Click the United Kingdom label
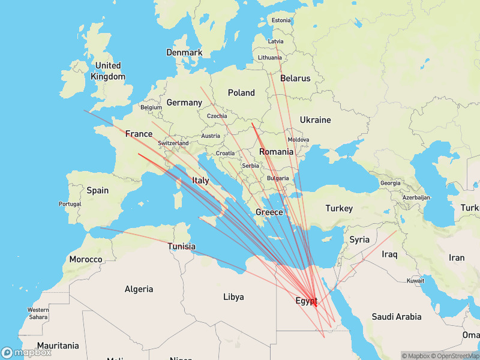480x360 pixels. [x=108, y=71]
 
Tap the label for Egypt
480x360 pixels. [x=306, y=301]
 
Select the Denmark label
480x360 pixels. [x=184, y=52]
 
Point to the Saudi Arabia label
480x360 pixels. [x=395, y=316]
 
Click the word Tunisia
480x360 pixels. [x=181, y=246]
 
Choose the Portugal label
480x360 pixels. [x=70, y=204]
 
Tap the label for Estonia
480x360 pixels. [x=281, y=20]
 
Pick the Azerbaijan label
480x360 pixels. [x=416, y=197]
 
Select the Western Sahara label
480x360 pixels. [x=38, y=313]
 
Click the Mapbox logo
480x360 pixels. [x=26, y=353]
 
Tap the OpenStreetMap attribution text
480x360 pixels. [x=454, y=356]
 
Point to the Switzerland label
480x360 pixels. [x=173, y=143]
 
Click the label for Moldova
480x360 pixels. [x=298, y=140]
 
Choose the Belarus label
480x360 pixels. [x=295, y=78]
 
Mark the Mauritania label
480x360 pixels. [x=58, y=346]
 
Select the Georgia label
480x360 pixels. [x=391, y=182]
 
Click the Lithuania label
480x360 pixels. [x=269, y=58]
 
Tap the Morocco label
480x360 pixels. [x=85, y=259]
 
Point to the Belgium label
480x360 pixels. [x=151, y=107]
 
